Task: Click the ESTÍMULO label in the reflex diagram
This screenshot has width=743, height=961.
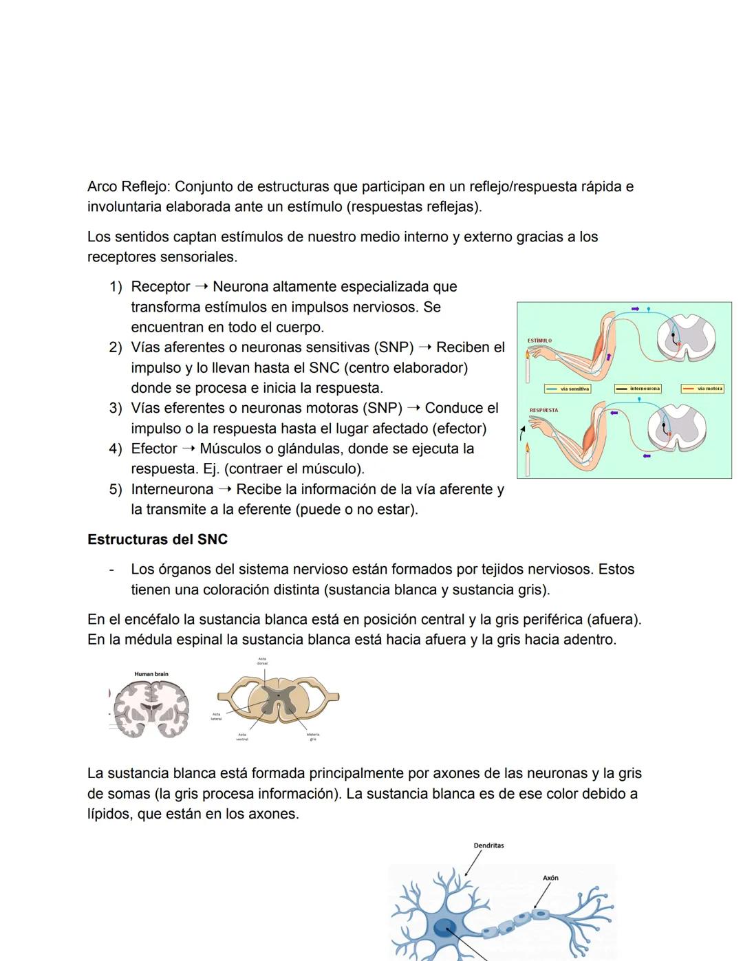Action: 539,341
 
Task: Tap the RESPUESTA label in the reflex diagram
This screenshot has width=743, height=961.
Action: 543,411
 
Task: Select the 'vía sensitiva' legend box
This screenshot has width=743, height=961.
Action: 568,389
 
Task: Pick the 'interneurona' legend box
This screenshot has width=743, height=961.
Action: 638,389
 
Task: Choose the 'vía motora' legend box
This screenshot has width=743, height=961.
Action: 702,389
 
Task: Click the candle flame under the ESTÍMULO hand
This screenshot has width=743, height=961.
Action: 528,355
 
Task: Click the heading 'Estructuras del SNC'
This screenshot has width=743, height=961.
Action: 158,539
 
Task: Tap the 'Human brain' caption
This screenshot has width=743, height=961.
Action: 151,674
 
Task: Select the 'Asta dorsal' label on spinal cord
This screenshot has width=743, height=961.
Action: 262,661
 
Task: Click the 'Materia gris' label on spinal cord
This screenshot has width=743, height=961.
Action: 313,737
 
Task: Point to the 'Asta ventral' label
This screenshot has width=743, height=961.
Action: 242,737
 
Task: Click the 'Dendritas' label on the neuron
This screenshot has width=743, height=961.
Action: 488,845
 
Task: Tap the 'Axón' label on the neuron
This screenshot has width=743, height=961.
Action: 550,878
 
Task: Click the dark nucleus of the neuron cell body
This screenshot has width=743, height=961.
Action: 444,928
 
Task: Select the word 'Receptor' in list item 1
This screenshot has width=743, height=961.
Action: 160,286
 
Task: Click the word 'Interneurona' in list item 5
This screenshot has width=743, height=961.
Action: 172,489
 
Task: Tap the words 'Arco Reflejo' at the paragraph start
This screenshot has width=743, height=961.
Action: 128,186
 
